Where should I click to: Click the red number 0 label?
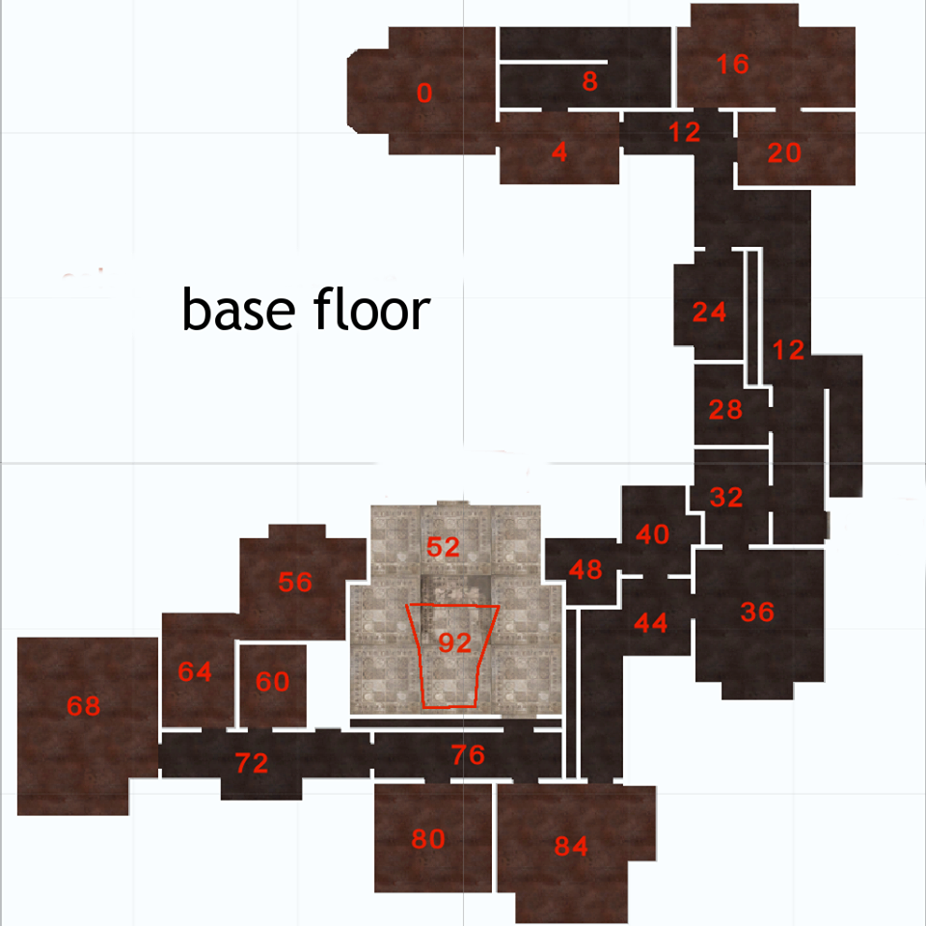[x=424, y=94]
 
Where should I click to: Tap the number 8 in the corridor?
[x=590, y=81]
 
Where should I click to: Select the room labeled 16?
[x=733, y=65]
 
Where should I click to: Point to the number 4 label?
[x=559, y=151]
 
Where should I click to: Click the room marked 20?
[x=784, y=152]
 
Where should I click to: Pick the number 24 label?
[x=709, y=313]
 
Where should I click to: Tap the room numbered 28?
[x=725, y=410]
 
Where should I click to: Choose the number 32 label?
[x=726, y=498]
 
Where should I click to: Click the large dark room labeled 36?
[x=757, y=612]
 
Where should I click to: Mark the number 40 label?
[x=653, y=534]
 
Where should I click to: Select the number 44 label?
[x=651, y=623]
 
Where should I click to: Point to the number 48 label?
[x=586, y=569]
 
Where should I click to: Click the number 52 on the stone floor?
[x=443, y=547]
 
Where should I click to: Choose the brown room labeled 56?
[x=295, y=582]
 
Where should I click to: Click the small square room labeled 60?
[x=273, y=682]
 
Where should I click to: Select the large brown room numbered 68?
[x=84, y=706]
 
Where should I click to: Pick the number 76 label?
[x=468, y=755]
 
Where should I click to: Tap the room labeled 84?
[x=571, y=847]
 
